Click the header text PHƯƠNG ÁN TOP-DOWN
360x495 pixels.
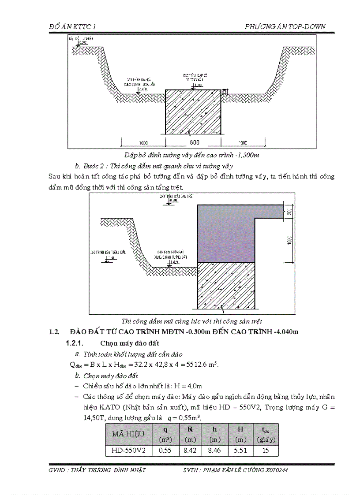(285, 26)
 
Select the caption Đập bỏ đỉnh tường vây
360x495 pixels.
(191, 155)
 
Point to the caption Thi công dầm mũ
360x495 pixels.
(191, 321)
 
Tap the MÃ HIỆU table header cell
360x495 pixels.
(128, 434)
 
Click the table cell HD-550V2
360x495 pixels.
(128, 450)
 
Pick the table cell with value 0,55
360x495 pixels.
(165, 450)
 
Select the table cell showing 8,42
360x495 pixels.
(190, 450)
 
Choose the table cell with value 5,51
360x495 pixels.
(240, 450)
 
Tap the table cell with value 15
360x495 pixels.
(266, 450)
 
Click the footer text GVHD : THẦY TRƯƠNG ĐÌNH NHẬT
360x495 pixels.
(97, 470)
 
